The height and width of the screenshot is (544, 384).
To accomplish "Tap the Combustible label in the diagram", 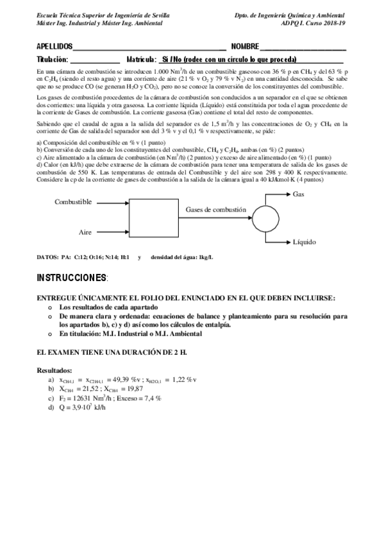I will coord(73,202).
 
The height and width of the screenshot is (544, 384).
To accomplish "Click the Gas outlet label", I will coord(298,194).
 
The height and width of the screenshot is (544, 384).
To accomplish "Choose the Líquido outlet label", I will coord(304,243).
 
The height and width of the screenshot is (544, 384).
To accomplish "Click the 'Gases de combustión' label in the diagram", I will coord(216,210).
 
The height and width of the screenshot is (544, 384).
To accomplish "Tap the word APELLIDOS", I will coord(54,47).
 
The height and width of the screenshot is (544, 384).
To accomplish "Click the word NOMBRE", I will coord(245,47).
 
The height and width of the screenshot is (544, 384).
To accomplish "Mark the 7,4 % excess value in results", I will coord(149,398).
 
